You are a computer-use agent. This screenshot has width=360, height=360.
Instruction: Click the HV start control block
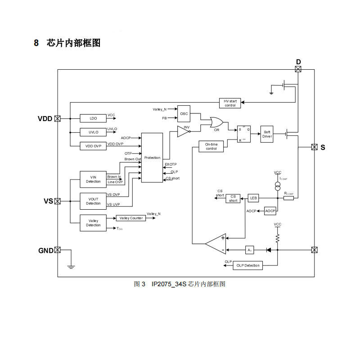pos(230,103)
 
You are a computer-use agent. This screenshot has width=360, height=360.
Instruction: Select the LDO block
pos(93,118)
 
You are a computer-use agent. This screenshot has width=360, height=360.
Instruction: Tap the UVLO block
pos(93,132)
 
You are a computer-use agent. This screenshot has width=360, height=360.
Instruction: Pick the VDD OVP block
pos(93,146)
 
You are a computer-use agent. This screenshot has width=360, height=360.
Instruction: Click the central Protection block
pos(152,157)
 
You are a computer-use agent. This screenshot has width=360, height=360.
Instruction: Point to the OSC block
pos(184,114)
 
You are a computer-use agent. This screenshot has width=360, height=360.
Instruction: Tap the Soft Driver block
pos(267,134)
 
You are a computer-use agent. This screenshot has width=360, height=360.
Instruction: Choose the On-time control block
pos(211,146)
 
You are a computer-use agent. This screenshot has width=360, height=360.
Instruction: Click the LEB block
pos(253,198)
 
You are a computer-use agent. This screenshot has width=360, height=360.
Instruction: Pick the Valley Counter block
pos(130,218)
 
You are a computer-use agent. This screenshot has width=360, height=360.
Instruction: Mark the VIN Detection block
pos(93,179)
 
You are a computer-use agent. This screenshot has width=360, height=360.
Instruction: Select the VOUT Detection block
pos(93,201)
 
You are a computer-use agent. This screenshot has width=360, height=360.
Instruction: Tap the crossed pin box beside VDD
pos(57,119)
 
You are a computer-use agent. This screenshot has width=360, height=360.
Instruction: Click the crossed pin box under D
pos(298,69)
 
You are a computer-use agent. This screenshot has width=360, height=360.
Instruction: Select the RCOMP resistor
pos(288,198)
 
